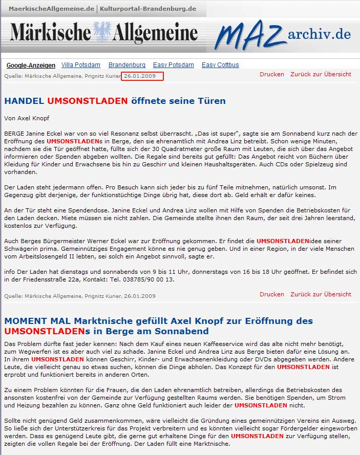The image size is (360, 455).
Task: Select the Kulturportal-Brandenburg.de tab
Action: [x=148, y=9]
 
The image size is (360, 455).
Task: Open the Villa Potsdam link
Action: [x=81, y=65]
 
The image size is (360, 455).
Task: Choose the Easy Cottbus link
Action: [x=220, y=65]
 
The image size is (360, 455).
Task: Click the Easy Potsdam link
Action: [x=174, y=65]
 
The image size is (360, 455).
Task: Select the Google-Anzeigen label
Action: [x=31, y=66]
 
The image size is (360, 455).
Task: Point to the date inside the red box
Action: [x=140, y=76]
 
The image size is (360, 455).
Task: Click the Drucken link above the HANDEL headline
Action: [x=271, y=74]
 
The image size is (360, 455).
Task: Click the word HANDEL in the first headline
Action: [x=24, y=101]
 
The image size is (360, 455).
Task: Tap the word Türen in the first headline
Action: [x=212, y=101]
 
